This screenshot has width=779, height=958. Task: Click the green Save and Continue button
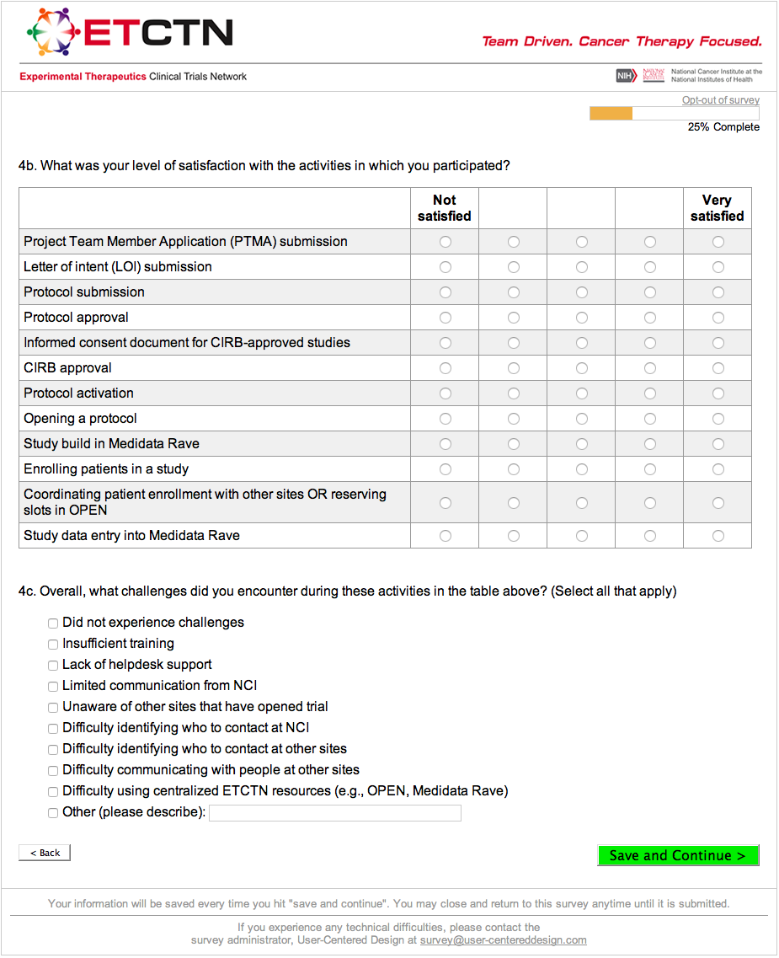click(678, 855)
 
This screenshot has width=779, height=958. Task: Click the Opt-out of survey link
click(720, 100)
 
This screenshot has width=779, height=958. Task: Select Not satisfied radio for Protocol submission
click(446, 292)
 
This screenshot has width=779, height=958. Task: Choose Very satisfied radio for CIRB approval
click(718, 368)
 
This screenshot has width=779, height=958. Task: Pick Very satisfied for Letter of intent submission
click(718, 267)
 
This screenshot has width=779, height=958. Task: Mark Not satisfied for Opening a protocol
click(446, 419)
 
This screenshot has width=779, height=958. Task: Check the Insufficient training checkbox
click(53, 645)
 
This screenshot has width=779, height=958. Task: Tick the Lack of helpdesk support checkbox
click(53, 666)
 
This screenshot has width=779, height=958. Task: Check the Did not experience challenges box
click(53, 624)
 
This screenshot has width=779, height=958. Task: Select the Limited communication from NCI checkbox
click(53, 687)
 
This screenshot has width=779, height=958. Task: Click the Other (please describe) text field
click(334, 813)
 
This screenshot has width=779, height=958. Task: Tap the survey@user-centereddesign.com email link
click(503, 940)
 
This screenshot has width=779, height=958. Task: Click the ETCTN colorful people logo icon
click(53, 32)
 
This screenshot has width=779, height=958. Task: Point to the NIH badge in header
click(626, 76)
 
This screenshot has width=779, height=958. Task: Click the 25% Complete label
click(723, 127)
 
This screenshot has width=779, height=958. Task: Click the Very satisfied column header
click(717, 208)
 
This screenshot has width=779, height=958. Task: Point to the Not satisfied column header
click(445, 208)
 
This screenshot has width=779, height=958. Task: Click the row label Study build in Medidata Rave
click(111, 444)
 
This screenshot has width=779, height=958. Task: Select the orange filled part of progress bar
click(611, 114)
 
